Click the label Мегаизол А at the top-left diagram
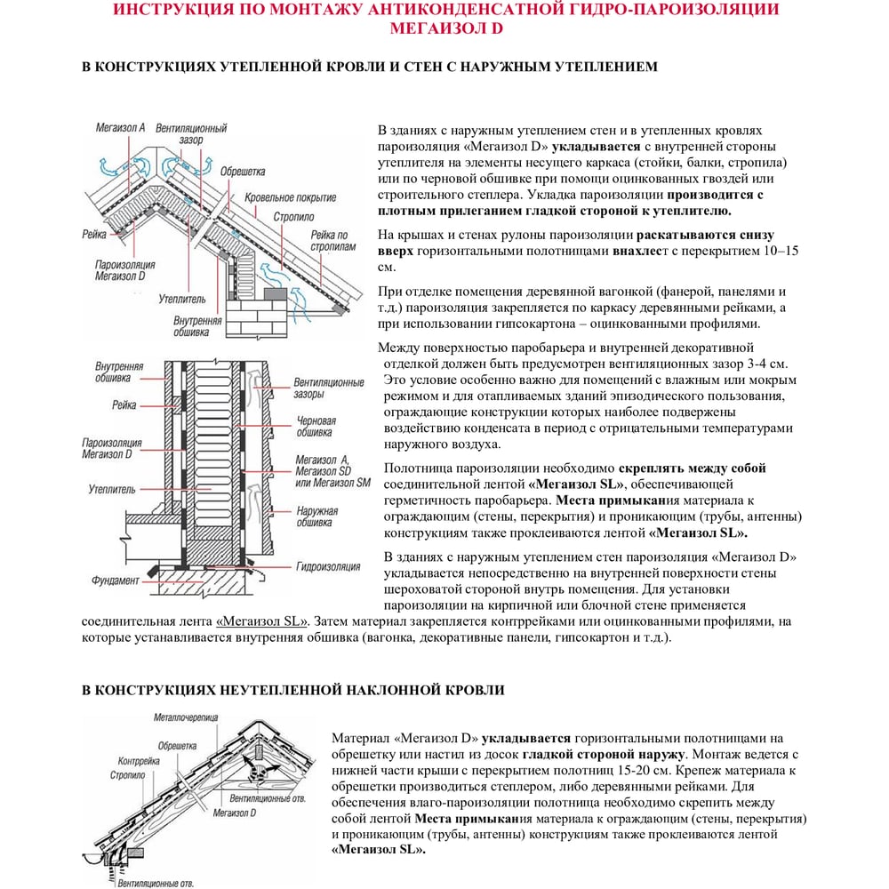click(120, 128)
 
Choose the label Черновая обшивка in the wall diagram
click(316, 427)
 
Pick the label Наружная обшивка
click(316, 517)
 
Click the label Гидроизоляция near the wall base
click(328, 565)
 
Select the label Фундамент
click(116, 581)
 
